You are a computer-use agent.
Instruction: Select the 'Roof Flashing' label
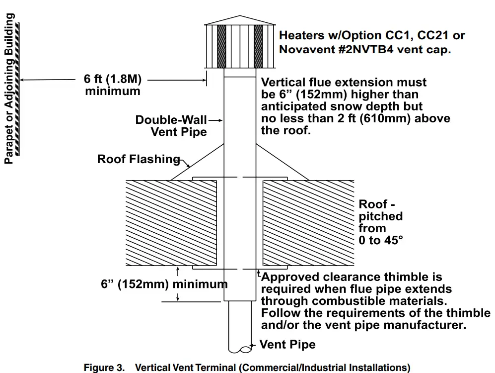click(138, 159)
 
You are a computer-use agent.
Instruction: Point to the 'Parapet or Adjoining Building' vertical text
click(9, 89)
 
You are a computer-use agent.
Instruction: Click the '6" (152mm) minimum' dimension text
click(164, 284)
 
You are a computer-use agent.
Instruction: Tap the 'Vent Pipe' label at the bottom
click(287, 345)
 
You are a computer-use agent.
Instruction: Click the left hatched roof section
click(170, 223)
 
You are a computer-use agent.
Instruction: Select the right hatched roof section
click(308, 223)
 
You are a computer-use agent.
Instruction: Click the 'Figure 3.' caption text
click(104, 368)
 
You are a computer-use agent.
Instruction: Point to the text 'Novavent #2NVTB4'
click(331, 50)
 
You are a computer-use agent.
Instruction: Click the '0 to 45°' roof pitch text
click(381, 241)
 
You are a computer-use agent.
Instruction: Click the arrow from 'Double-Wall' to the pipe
click(215, 120)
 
